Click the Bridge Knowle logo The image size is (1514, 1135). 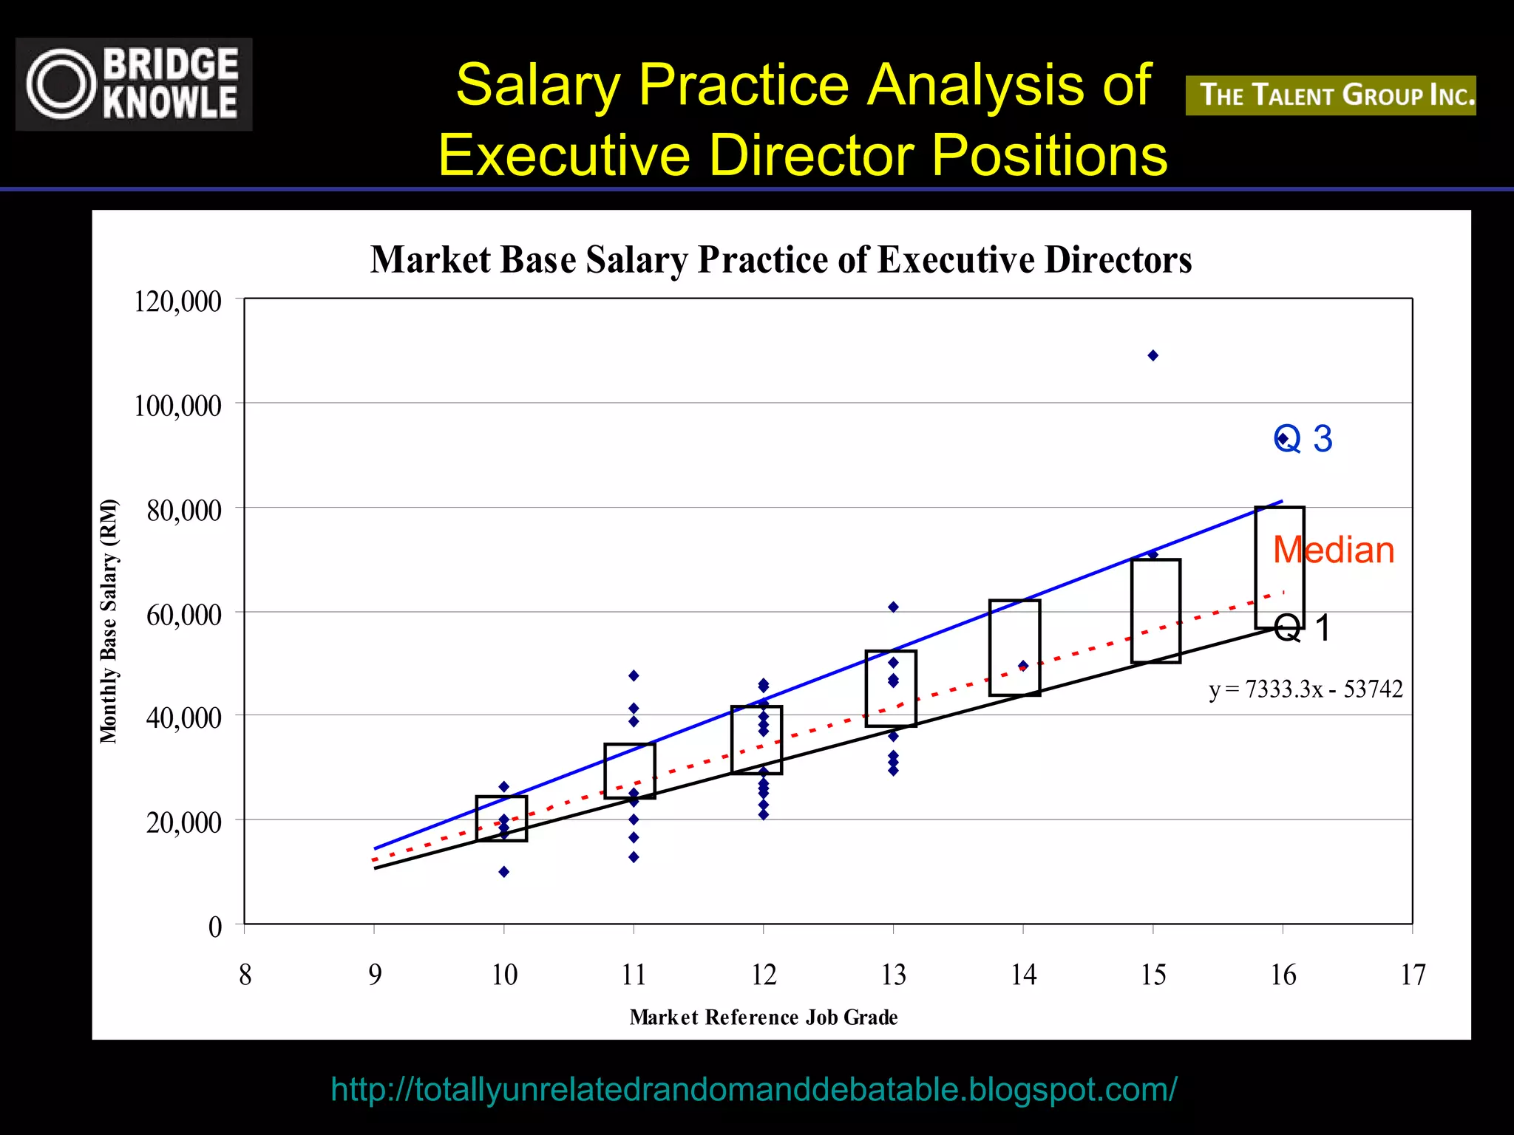134,84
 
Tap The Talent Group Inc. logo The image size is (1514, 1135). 1330,95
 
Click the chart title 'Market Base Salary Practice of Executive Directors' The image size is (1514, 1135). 781,260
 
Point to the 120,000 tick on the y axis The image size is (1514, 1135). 177,301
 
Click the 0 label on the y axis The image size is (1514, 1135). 215,927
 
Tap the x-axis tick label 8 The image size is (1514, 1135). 245,975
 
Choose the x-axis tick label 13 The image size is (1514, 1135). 894,975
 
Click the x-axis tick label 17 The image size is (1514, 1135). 1413,975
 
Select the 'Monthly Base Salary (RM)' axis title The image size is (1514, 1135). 109,621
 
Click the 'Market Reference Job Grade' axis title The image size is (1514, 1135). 764,1018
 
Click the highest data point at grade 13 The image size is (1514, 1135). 893,607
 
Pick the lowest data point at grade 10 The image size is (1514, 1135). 504,872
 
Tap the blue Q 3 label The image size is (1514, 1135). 1303,439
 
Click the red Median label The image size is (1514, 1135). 1334,551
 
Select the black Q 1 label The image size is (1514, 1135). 1302,628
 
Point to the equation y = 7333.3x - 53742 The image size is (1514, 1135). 1306,689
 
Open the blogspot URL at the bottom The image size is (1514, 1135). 753,1089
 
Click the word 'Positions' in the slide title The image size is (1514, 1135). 1049,155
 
